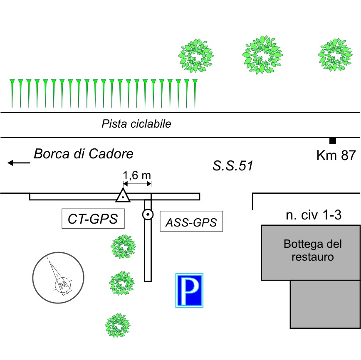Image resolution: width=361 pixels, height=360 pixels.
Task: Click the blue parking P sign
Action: (x=189, y=291)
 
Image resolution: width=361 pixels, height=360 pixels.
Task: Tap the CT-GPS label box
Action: (x=93, y=219)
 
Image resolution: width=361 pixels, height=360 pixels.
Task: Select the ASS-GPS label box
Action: (x=191, y=222)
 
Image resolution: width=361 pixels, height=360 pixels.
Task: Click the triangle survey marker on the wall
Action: (x=123, y=195)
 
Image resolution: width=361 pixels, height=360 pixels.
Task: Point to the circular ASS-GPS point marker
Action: (x=148, y=215)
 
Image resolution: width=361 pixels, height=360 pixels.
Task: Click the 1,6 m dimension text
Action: (x=137, y=175)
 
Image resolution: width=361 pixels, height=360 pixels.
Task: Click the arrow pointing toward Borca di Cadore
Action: (x=19, y=163)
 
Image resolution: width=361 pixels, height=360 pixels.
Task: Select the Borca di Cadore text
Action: (x=84, y=154)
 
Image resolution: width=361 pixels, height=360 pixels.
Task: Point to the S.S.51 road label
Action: (x=232, y=166)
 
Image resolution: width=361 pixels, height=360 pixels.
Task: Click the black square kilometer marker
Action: (x=332, y=141)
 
